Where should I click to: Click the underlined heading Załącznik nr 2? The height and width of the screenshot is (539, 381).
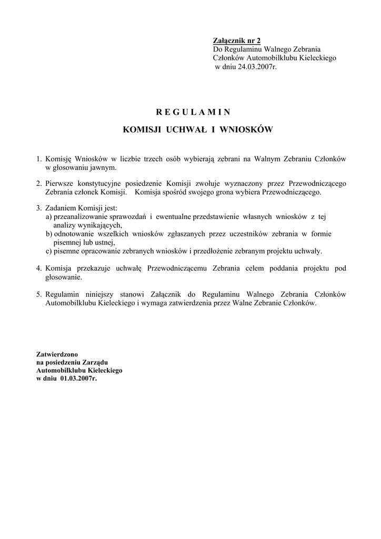point(236,41)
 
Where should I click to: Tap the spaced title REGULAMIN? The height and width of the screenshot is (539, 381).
point(193,112)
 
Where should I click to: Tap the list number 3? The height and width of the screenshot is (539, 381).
point(38,208)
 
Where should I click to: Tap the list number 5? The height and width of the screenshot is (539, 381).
point(38,294)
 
